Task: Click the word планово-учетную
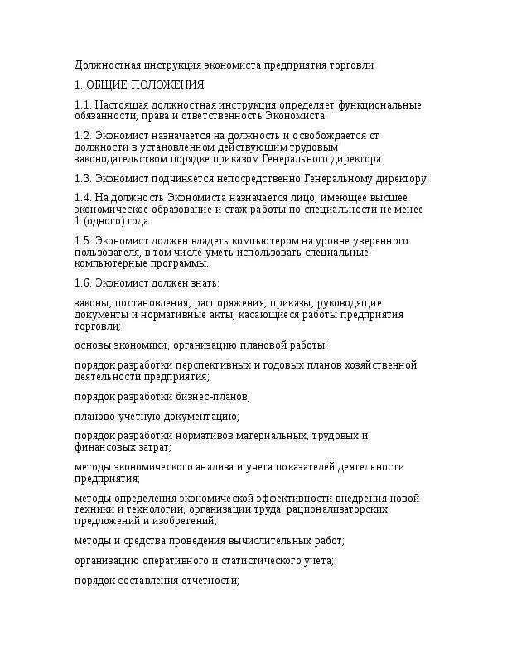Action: click(114, 416)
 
